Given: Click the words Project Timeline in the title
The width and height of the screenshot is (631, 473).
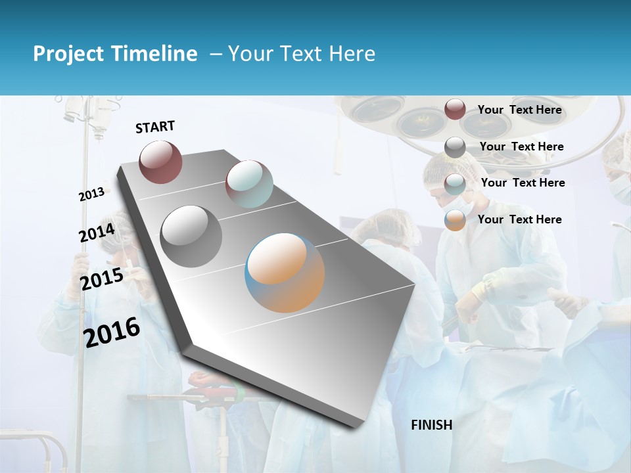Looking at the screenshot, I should click(115, 54).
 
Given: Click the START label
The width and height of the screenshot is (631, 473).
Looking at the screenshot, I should click(155, 127).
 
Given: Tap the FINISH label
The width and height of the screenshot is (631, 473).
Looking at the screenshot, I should click(432, 425).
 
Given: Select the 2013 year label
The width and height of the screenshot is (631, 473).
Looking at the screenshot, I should click(92, 194).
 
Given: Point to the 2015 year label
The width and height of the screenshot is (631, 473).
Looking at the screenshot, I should click(102, 279).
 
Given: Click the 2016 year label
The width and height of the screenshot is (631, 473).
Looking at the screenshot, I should click(112, 332).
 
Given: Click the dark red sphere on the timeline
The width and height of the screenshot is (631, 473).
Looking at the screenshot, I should click(160, 162).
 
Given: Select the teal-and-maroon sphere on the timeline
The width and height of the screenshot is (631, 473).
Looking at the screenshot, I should click(249, 183).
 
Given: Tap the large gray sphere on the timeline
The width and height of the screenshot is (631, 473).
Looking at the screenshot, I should click(191, 236).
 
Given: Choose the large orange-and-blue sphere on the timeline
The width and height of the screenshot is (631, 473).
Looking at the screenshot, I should click(285, 272).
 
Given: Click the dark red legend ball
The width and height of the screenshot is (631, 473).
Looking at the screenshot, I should click(455, 109).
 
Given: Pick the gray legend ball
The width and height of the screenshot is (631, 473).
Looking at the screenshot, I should click(455, 147).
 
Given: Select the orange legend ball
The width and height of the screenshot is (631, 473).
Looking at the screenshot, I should click(455, 220).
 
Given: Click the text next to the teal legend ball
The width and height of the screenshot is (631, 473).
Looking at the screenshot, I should click(523, 183).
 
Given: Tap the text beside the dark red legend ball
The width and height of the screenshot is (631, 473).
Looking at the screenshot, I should click(519, 110).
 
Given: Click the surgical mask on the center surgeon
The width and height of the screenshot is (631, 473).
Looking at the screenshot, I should click(460, 204).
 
